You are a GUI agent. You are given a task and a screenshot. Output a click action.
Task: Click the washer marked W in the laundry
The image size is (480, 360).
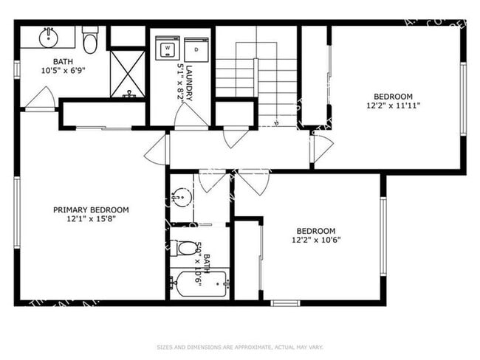pos(168,49)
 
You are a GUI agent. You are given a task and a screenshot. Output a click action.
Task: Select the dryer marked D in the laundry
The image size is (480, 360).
pos(196,49)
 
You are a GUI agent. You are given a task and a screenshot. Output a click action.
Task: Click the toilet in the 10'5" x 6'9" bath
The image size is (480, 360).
pos(91,41)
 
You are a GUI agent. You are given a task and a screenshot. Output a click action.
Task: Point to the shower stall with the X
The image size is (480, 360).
pos(128,73)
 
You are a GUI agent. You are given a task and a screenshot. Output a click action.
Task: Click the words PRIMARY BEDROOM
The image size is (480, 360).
pos(91,210)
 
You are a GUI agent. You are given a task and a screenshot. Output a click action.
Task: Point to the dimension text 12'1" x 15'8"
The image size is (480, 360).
pos(91,218)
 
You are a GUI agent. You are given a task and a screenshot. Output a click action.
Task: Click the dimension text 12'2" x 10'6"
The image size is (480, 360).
pos(315,239)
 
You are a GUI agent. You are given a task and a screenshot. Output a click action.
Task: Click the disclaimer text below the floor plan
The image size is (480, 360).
pos(239,346)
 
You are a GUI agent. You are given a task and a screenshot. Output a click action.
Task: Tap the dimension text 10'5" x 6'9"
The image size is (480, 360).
pos(62,71)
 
